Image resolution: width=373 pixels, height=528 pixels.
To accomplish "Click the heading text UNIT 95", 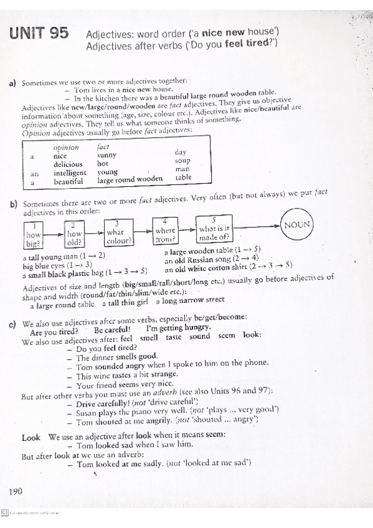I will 39,35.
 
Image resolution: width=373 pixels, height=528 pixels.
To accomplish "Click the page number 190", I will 16,492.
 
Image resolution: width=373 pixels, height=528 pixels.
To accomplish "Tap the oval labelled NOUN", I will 297,225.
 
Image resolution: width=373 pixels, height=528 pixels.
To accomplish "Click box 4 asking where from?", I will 165,232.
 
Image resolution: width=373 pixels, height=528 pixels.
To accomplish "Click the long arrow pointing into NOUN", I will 257,226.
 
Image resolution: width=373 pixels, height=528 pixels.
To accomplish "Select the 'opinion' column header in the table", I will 66,148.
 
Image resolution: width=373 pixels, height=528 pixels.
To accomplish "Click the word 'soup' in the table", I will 182,161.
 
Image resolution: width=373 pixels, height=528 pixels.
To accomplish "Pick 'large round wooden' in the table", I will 130,180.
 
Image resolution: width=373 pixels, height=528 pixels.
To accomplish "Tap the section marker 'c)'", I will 12,324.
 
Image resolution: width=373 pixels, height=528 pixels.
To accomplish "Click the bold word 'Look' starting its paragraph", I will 31,437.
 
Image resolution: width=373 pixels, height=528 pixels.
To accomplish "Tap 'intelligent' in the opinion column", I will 70,172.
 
